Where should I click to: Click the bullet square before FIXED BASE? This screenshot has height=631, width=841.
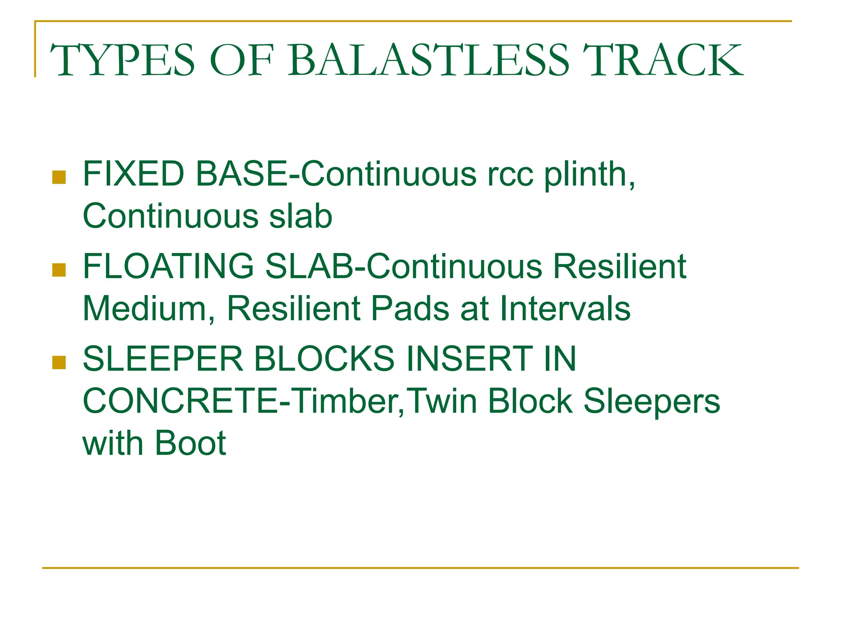59,177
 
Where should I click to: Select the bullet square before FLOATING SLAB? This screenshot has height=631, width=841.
59,270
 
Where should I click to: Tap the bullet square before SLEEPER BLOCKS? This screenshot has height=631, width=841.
59,362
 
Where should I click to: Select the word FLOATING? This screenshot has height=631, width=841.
168,267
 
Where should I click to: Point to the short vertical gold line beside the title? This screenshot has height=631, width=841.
35,49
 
